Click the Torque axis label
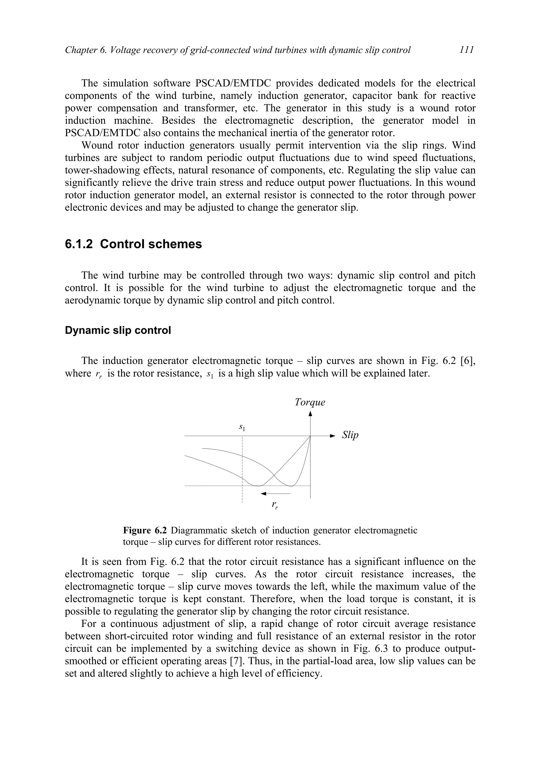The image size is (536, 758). (x=310, y=402)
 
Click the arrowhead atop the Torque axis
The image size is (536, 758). (x=310, y=414)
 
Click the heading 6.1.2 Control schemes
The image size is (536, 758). (x=133, y=244)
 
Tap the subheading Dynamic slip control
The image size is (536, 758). (x=118, y=330)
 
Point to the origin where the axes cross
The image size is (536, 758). (x=310, y=436)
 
